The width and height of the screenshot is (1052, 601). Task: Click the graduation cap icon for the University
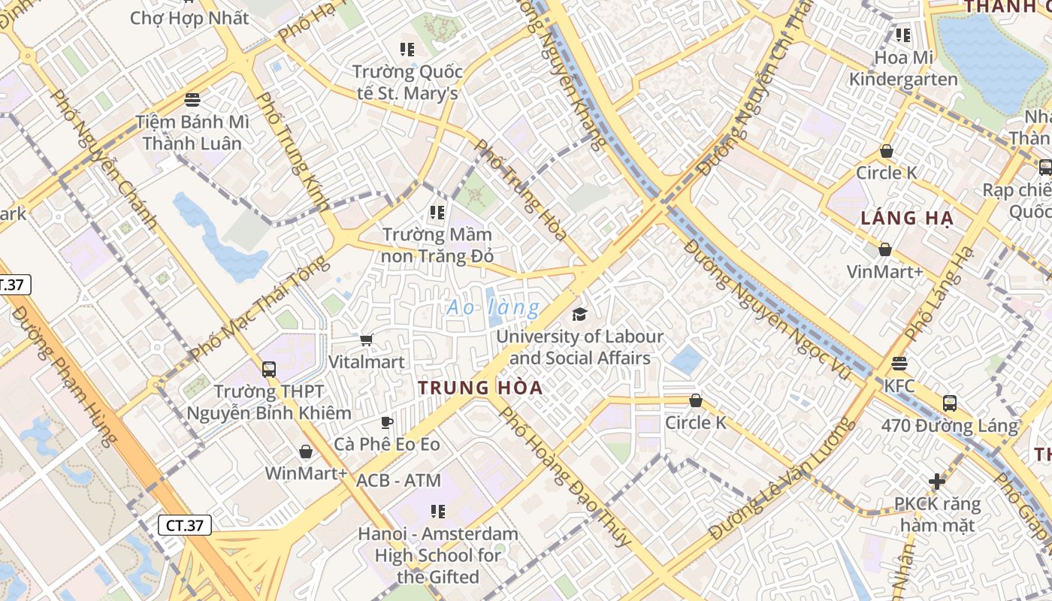(x=579, y=313)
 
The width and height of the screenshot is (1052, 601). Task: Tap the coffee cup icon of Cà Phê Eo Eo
(x=387, y=422)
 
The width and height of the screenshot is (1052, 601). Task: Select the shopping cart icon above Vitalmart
(x=367, y=340)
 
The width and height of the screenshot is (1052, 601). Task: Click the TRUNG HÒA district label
(x=480, y=388)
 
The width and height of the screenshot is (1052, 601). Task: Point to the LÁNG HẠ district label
(x=907, y=219)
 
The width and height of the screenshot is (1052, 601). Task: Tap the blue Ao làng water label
(x=493, y=307)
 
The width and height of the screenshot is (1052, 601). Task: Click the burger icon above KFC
(x=899, y=364)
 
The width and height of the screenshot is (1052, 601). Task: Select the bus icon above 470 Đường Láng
(x=950, y=403)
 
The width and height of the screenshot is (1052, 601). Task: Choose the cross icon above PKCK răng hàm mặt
(x=937, y=481)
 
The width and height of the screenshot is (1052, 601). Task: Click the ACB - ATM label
(x=398, y=480)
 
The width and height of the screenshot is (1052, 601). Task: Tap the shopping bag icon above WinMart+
(x=306, y=452)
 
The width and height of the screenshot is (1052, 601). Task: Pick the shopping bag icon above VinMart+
(x=885, y=249)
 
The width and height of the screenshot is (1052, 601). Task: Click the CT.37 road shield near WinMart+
(x=184, y=525)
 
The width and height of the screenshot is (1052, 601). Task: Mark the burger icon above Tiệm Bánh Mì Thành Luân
(x=192, y=100)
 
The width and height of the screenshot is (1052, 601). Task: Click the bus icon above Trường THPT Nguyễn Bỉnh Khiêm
(x=269, y=370)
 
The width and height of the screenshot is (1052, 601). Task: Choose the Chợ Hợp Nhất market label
(x=189, y=18)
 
